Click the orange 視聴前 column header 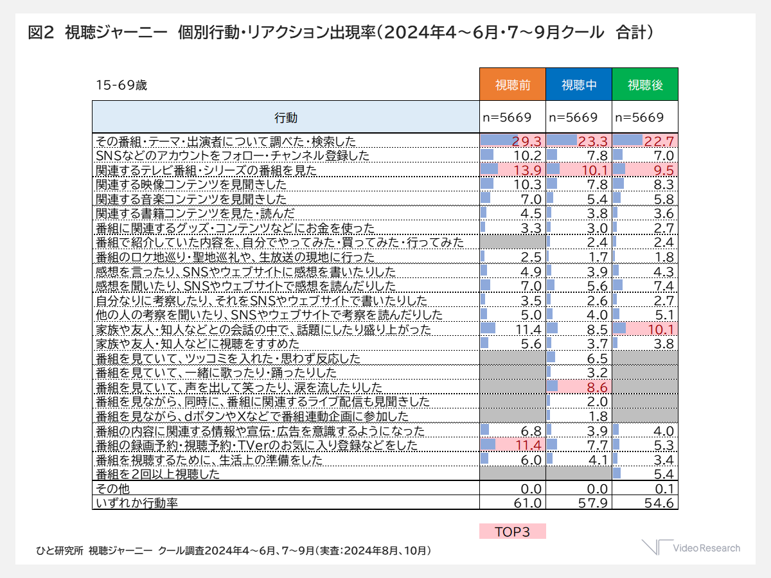[x=513, y=85]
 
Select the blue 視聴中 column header [x=579, y=85]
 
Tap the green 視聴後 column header [x=645, y=85]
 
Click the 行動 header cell [x=286, y=118]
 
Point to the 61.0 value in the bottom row [x=531, y=503]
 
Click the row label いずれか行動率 [x=136, y=503]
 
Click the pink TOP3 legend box [x=513, y=532]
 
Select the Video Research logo [x=691, y=548]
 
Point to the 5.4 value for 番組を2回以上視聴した [x=662, y=475]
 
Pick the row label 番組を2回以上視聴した [x=158, y=475]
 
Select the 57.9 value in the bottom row [x=595, y=503]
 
